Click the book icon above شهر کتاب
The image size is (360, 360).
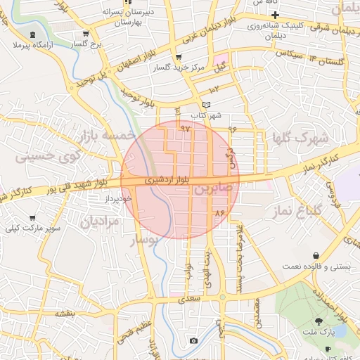click(206, 105)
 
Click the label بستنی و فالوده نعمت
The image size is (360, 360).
click(313, 266)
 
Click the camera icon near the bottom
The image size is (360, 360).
click(193, 341)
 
